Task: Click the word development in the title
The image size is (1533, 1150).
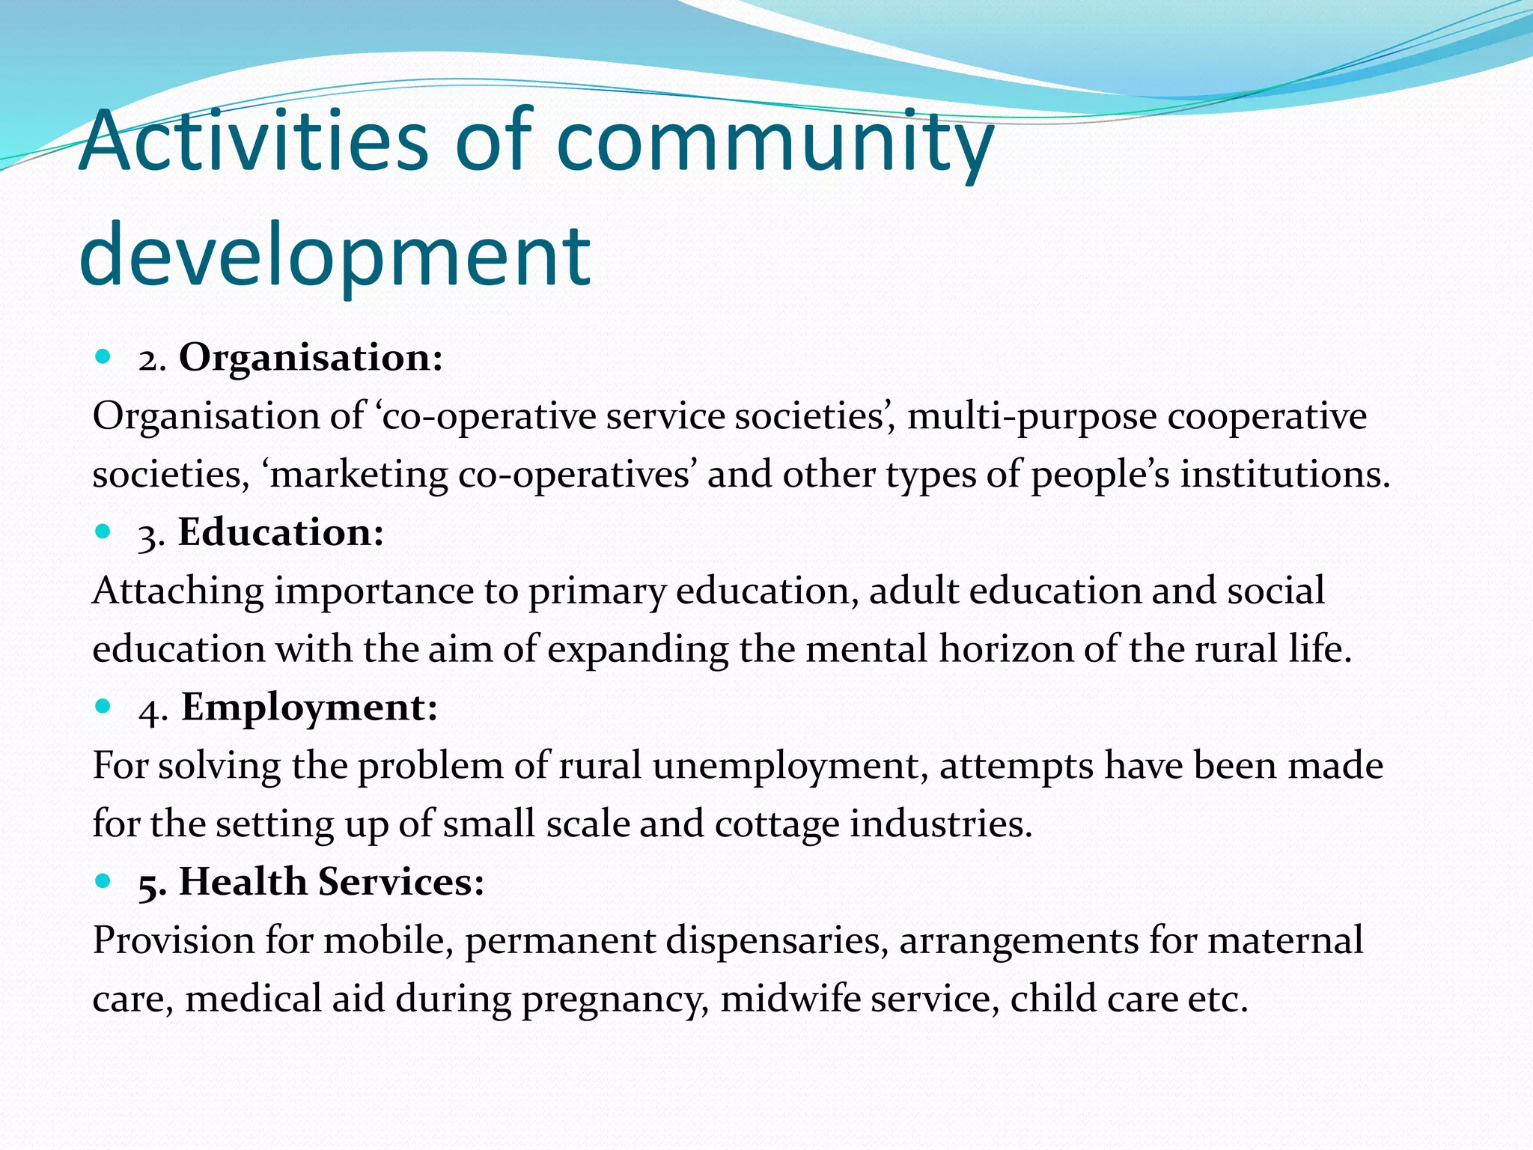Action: pyautogui.click(x=335, y=255)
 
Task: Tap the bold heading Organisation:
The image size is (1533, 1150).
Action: pyautogui.click(x=311, y=357)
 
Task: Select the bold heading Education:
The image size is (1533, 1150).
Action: pyautogui.click(x=281, y=532)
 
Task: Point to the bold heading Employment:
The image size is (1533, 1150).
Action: pyautogui.click(x=309, y=707)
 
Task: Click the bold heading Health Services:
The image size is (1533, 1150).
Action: pyautogui.click(x=332, y=881)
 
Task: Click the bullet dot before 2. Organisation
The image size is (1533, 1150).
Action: pyautogui.click(x=103, y=357)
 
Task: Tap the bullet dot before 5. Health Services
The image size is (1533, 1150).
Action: pyautogui.click(x=103, y=881)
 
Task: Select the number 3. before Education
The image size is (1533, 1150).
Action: pyautogui.click(x=151, y=535)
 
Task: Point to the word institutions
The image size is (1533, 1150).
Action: pyautogui.click(x=1284, y=475)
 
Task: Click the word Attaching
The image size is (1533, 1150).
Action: pyautogui.click(x=178, y=591)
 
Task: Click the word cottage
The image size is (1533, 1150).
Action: pyautogui.click(x=776, y=824)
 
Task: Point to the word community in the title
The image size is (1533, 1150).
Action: pyautogui.click(x=775, y=140)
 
